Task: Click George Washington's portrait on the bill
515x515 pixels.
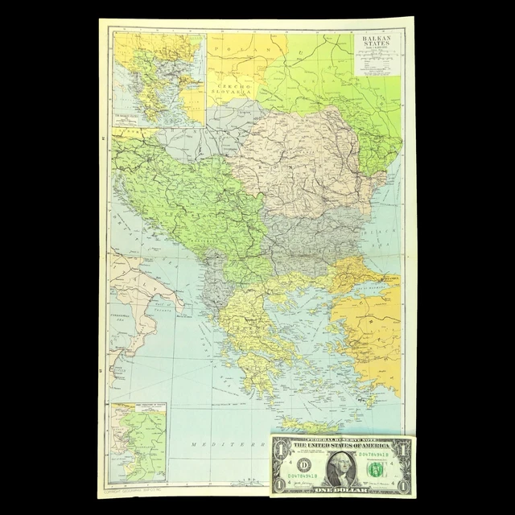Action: (x=341, y=468)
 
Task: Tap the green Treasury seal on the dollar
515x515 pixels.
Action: (x=374, y=469)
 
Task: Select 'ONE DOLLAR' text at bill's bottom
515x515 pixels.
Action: (x=341, y=490)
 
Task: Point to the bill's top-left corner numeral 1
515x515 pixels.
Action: (x=280, y=447)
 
